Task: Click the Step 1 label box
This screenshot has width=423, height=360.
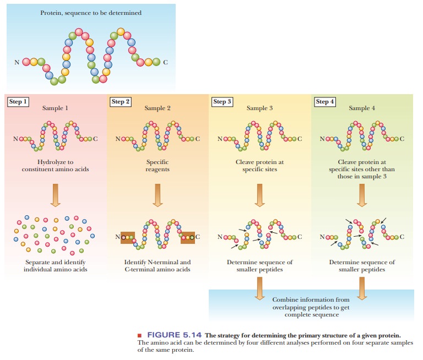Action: pos(18,102)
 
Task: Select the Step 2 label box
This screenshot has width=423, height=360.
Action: pos(121,102)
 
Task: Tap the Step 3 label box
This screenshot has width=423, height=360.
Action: pos(223,102)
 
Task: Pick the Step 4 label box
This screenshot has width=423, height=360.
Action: pos(324,102)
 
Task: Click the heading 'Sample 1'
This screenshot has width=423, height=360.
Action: pos(56,108)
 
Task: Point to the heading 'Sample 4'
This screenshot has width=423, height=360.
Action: pos(362,108)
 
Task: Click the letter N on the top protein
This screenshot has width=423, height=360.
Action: pos(17,62)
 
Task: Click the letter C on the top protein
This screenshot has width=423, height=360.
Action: pos(165,62)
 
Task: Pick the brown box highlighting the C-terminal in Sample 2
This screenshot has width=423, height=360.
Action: pos(188,237)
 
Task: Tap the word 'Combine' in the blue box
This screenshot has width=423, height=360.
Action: pos(285,299)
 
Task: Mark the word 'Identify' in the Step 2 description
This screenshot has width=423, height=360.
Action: pos(135,262)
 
